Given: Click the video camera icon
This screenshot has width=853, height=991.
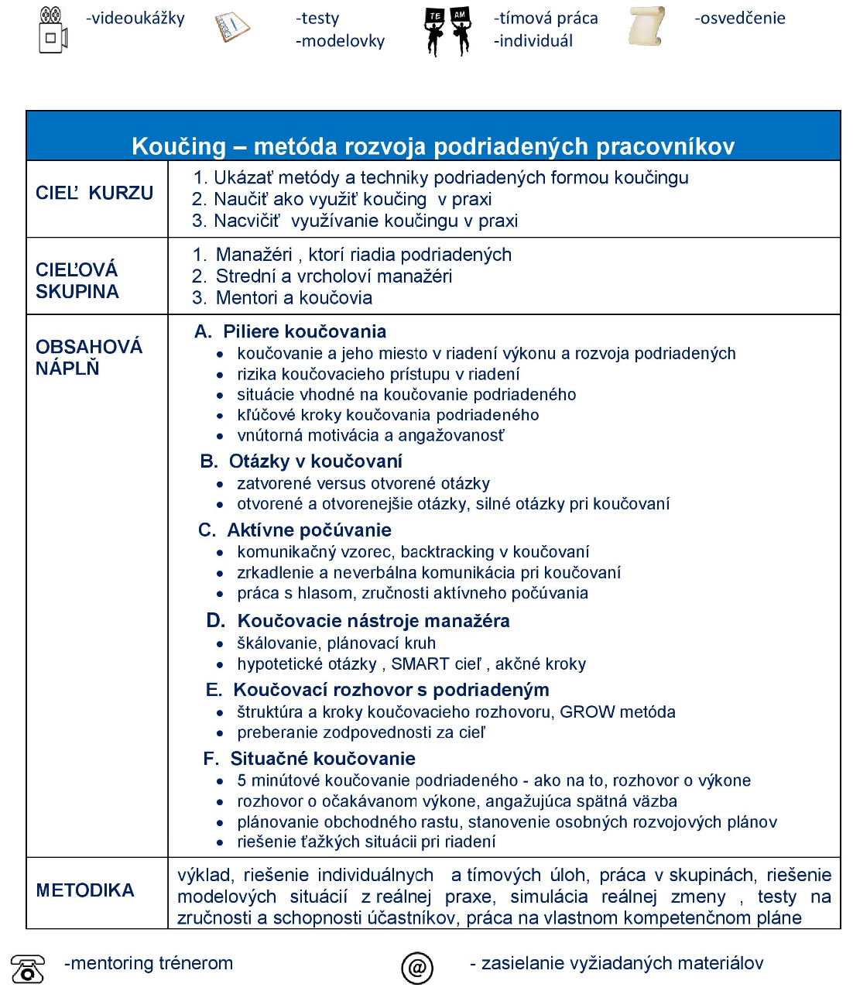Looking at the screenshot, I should pos(53,29).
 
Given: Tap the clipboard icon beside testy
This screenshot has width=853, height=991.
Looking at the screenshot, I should pos(231,28).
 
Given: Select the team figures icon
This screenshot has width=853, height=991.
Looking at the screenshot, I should pos(447,31).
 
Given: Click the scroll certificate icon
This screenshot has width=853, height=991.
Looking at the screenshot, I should pos(646,26).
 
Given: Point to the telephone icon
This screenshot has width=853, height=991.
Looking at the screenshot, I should pos(28,969).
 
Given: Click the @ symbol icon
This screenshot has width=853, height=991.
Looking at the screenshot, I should pos(417,967).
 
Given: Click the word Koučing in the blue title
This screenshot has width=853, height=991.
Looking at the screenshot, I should pos(179,146).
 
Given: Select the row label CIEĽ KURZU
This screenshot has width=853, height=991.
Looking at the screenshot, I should pos(94,193).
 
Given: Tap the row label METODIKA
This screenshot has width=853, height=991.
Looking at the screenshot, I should pos(85,890).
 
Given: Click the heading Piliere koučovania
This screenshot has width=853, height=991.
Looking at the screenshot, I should pos(304,331).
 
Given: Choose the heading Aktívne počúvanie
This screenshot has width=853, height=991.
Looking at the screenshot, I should pos(309,530).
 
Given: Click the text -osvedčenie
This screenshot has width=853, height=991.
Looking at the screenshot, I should pos(740,18).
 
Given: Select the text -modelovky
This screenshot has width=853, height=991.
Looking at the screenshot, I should pos(340,41).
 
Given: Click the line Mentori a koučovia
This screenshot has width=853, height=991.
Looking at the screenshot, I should pos(293,298).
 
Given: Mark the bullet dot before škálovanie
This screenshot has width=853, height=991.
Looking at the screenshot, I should pos(221,644).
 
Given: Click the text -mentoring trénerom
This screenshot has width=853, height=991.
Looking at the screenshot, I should pos(149,963).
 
